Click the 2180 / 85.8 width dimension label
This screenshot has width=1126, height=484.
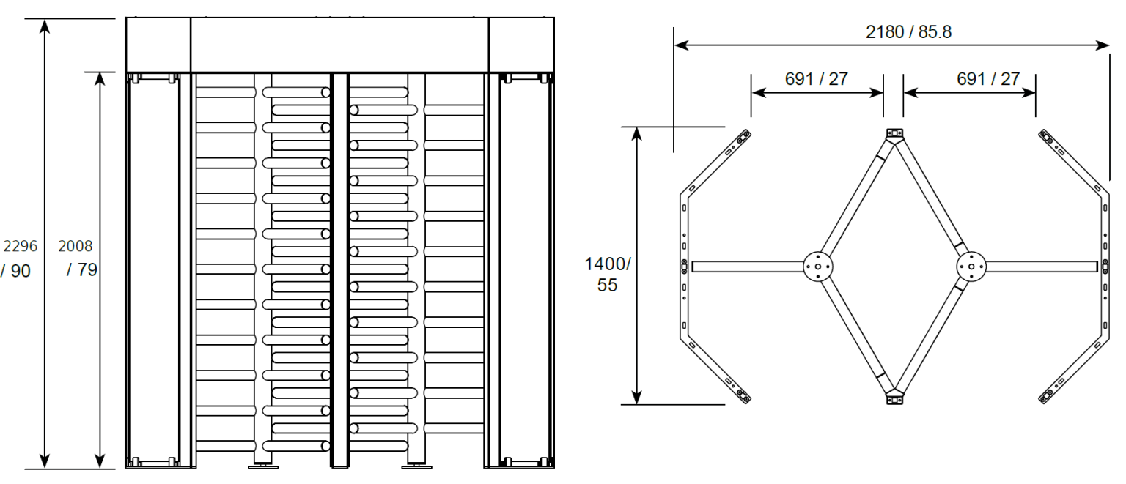coord(908,32)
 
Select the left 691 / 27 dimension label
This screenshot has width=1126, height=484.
coord(816,79)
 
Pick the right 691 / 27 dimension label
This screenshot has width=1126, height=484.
coord(987,79)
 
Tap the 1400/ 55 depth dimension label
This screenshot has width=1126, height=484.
coord(607,274)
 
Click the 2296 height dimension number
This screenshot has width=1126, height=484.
coord(21,246)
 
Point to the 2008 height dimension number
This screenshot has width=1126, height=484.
coord(76,246)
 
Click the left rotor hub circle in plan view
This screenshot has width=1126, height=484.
coord(817,267)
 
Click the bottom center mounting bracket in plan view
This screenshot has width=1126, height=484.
coord(894,398)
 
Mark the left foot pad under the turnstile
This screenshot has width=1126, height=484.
coord(260,464)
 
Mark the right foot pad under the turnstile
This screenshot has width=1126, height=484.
coord(413,464)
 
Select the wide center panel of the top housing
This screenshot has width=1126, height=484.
coord(339,45)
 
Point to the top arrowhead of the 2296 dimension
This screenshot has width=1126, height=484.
coord(45,26)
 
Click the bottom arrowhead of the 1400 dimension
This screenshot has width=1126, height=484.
coord(637,398)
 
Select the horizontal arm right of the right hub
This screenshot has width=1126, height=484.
coord(1041,267)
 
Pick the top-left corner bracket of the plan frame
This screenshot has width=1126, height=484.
coord(743,136)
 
